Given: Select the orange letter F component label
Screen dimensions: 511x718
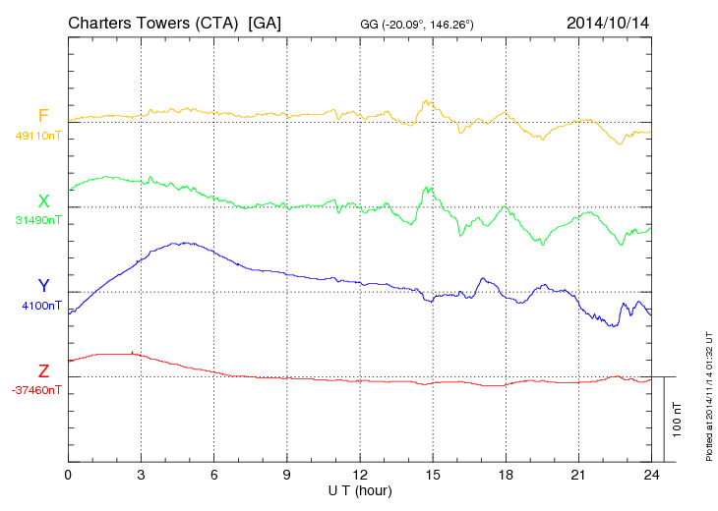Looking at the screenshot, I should [43, 117].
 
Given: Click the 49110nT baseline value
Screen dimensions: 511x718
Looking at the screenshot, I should [37, 136].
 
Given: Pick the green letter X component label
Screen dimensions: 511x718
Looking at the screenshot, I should [43, 201].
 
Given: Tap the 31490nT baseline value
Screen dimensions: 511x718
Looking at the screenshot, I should [37, 220].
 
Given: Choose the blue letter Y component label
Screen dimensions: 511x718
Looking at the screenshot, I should [43, 286].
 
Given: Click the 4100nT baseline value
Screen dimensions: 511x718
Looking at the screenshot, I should [40, 306].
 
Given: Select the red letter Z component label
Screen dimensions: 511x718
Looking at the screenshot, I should [43, 371].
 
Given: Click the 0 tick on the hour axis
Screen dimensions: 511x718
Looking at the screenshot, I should [68, 475].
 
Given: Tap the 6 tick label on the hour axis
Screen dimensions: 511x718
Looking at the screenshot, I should [213, 475].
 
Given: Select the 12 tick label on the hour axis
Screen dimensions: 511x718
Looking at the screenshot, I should [360, 475].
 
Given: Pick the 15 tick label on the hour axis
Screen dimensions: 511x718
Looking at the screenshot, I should [433, 475].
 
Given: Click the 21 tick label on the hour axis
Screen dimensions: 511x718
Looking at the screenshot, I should [578, 475].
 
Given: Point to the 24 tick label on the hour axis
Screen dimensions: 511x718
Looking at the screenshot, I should [651, 475].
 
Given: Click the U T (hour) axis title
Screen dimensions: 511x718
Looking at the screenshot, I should [360, 489].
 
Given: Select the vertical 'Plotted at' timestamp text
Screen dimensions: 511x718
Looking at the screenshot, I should [708, 392].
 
